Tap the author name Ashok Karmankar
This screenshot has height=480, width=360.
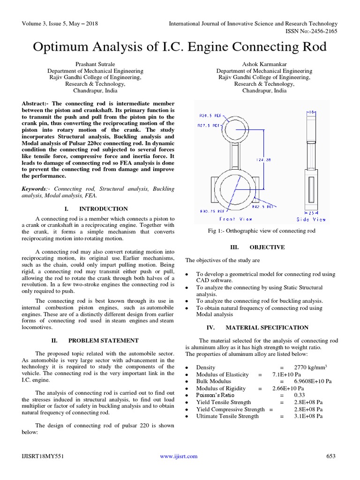264,64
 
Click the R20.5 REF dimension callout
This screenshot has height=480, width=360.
210,115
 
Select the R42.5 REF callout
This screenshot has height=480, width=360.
262,206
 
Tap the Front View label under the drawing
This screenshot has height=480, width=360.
236,219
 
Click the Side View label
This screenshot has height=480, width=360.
311,219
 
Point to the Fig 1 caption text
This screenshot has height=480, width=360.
262,231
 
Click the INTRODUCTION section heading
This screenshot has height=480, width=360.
103,209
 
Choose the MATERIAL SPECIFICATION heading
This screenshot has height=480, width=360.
267,328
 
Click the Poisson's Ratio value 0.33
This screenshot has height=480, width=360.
299,395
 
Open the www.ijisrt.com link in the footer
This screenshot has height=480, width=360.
179,456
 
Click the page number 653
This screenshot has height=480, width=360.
331,456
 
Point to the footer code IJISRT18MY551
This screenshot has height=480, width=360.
42,456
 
